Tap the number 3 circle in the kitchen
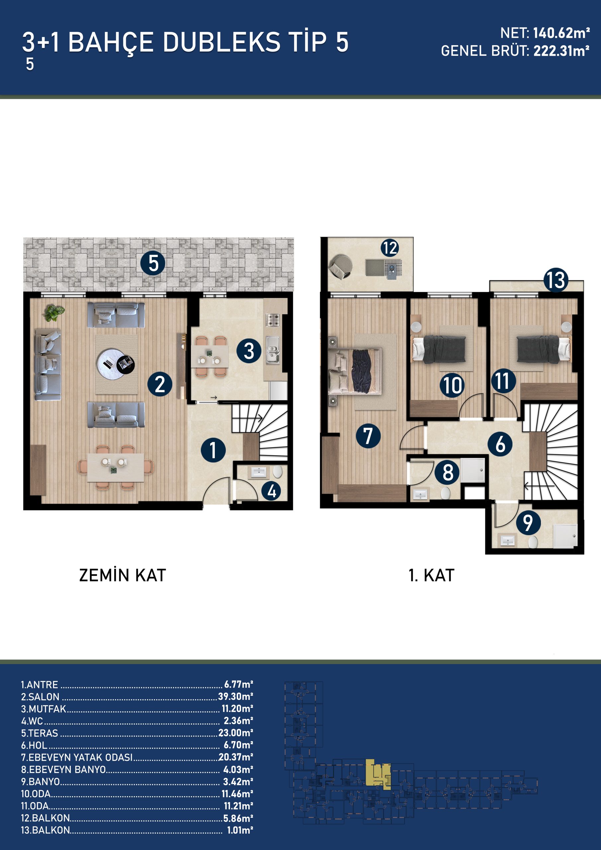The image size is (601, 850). pyautogui.click(x=249, y=351)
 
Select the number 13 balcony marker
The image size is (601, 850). pyautogui.click(x=556, y=280)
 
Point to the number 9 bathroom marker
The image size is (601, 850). pyautogui.click(x=528, y=522)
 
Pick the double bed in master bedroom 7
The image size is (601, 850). pyautogui.click(x=355, y=371)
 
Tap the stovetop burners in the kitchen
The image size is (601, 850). pyautogui.click(x=273, y=320)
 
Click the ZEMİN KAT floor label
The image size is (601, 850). pyautogui.click(x=123, y=575)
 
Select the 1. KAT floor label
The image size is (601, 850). pyautogui.click(x=431, y=575)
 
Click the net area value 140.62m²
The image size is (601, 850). pyautogui.click(x=561, y=33)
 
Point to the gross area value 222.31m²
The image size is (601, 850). pyautogui.click(x=561, y=51)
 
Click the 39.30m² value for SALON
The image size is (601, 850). pyautogui.click(x=235, y=696)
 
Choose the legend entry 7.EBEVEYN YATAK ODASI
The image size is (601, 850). pyautogui.click(x=77, y=757)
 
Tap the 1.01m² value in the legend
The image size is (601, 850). pyautogui.click(x=240, y=830)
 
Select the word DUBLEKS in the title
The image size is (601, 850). pyautogui.click(x=221, y=42)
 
